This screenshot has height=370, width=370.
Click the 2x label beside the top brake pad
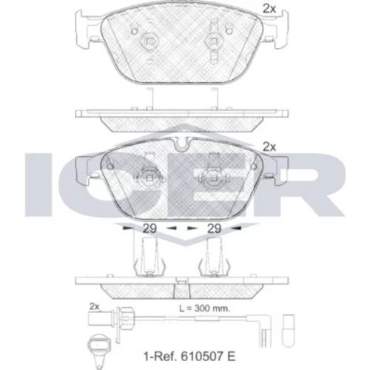(x=269, y=9)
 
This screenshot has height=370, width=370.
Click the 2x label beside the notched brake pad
(x=269, y=147)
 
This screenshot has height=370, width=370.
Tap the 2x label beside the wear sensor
(x=94, y=306)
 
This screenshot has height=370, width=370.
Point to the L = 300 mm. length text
(x=204, y=308)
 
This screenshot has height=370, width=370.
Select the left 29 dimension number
(x=149, y=229)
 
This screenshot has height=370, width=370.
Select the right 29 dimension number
(x=214, y=229)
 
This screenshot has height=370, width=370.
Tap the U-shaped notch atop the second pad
(x=181, y=145)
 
